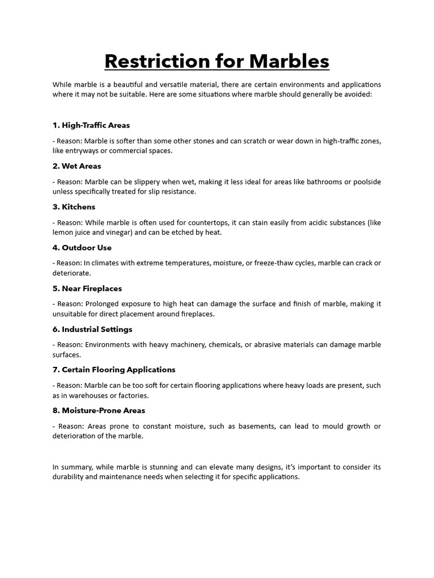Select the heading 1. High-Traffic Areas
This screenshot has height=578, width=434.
pyautogui.click(x=91, y=125)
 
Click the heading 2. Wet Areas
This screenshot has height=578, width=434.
pyautogui.click(x=77, y=166)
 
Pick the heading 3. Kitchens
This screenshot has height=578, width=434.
pyautogui.click(x=74, y=207)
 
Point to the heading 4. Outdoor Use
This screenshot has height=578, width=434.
pyautogui.click(x=82, y=247)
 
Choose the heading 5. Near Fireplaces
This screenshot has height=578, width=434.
pyautogui.click(x=87, y=288)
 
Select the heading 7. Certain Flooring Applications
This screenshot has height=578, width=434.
pyautogui.click(x=114, y=370)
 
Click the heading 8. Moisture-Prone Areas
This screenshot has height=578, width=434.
pyautogui.click(x=99, y=410)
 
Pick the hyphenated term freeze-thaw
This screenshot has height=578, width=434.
pyautogui.click(x=276, y=263)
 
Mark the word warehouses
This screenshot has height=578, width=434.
pyautogui.click(x=85, y=395)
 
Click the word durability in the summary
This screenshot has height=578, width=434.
pyautogui.click(x=70, y=476)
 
